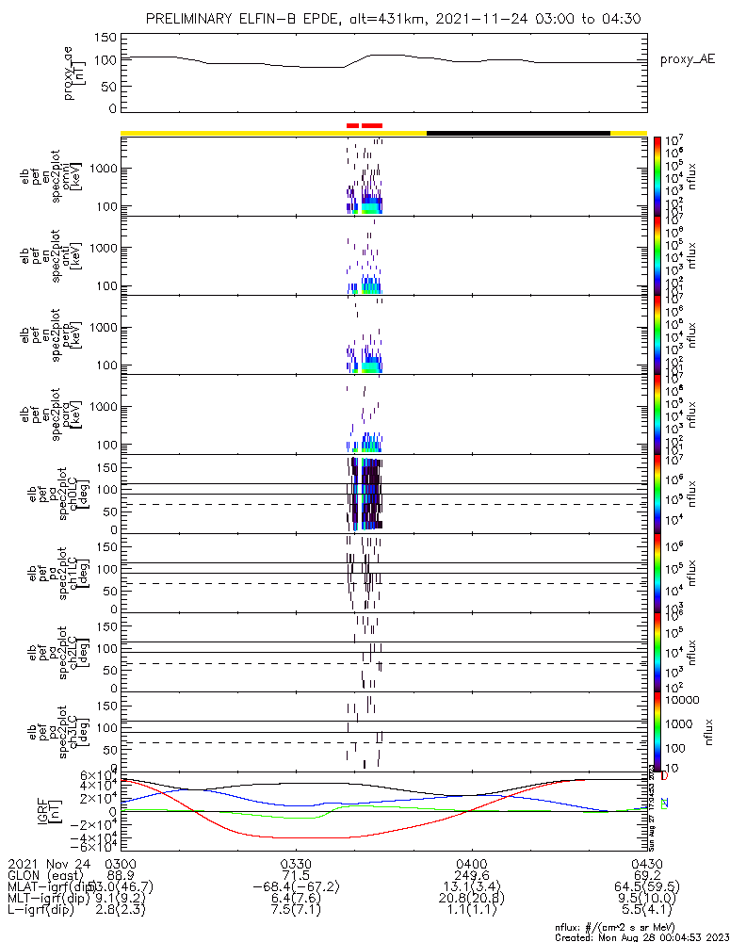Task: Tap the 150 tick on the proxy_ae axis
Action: pos(105,38)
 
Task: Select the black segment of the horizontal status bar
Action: pos(518,133)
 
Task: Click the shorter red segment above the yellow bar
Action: pos(352,124)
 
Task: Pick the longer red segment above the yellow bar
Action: pos(372,124)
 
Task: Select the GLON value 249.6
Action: pos(471,875)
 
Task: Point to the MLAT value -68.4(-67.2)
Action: pos(296,887)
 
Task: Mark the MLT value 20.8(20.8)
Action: pos(471,900)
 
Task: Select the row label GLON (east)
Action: pos(47,875)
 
